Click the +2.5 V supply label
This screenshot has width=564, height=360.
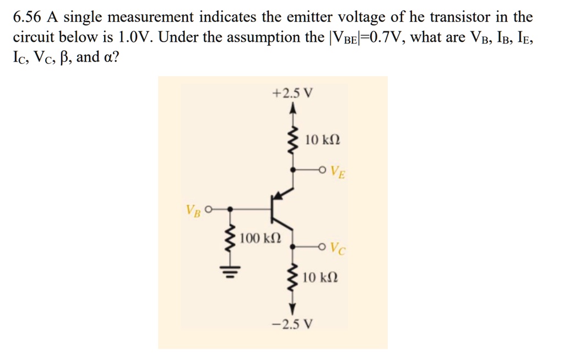tap(292, 92)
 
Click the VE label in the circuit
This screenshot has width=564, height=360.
tap(339, 173)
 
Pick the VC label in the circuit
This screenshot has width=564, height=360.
tap(339, 251)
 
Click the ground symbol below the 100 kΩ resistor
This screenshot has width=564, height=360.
tap(230, 272)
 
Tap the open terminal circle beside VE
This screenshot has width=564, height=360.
tap(323, 170)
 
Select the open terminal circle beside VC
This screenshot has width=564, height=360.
tap(323, 247)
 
